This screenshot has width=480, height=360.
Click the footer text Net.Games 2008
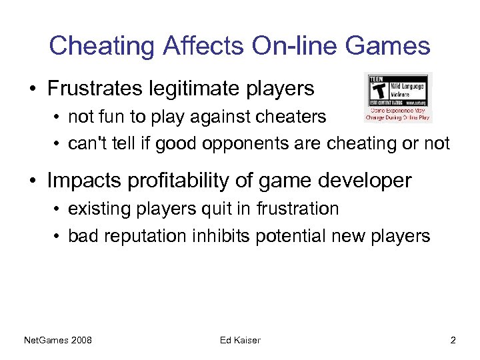pyautogui.click(x=58, y=341)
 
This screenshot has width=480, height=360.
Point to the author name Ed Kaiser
pyautogui.click(x=240, y=341)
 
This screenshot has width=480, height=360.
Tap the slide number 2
pyautogui.click(x=453, y=341)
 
